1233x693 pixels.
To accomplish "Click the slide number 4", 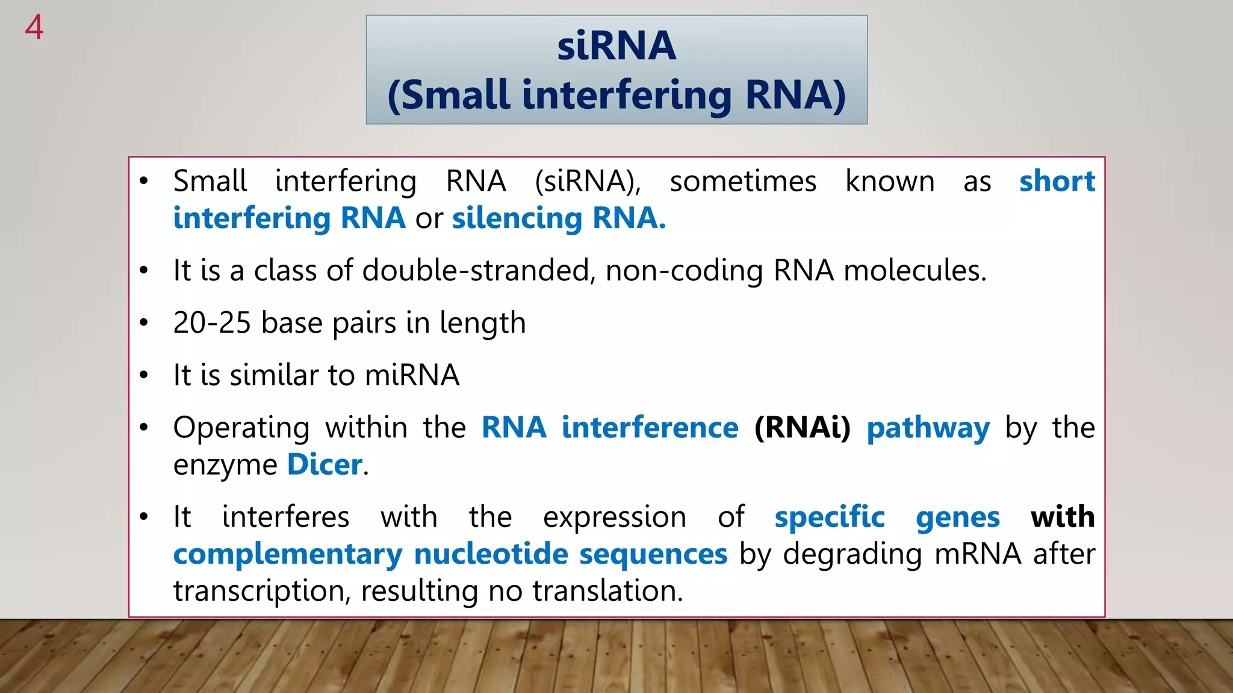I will [34, 28].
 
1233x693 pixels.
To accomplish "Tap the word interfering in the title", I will [627, 95].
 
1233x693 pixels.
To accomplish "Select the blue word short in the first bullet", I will [1057, 181].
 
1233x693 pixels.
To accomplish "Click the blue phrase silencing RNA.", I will [558, 218].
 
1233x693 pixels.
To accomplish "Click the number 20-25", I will [211, 322].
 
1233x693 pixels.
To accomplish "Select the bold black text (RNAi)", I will [802, 427].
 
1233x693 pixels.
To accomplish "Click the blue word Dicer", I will [325, 464].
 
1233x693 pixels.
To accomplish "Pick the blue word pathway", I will [928, 428].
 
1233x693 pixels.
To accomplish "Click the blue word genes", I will [957, 517].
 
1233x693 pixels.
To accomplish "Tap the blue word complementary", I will [288, 554].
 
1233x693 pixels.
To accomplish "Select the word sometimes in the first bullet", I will [743, 181].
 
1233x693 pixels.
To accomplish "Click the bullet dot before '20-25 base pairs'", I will [143, 323].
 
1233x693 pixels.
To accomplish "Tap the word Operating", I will [241, 428].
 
